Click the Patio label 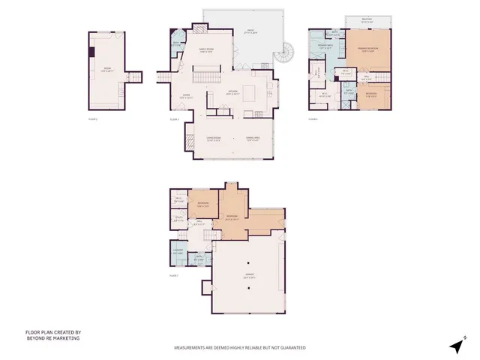(249, 32)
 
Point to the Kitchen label (232, 92)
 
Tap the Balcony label (365, 21)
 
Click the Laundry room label (178, 252)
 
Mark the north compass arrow (455, 346)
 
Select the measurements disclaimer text (240, 348)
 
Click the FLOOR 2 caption (93, 118)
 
